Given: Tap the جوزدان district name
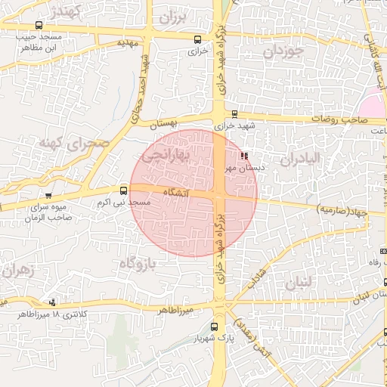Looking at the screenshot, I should click(x=283, y=53).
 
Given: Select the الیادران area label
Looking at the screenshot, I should click(x=300, y=159).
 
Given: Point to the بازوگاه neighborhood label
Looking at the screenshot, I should click(x=137, y=263).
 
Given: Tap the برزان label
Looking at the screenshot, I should click(x=172, y=16).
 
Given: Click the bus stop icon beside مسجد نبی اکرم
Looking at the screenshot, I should click(x=123, y=191).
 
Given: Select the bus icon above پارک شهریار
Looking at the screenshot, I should click(x=214, y=327).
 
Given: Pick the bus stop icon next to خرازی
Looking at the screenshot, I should click(x=197, y=39).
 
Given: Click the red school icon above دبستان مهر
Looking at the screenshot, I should click(x=243, y=156).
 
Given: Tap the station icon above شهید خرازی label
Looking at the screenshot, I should click(x=234, y=115).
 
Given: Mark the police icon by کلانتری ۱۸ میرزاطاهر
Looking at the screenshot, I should click(x=51, y=302).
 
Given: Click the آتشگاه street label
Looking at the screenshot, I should click(x=175, y=193).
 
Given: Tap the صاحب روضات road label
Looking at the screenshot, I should click(x=347, y=119).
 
